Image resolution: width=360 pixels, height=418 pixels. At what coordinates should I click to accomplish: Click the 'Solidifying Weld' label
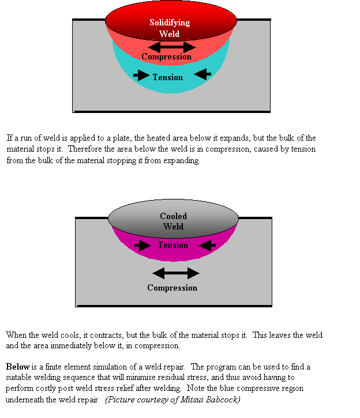pos(170,28)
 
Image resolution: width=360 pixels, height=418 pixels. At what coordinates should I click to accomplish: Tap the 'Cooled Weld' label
pos(173,221)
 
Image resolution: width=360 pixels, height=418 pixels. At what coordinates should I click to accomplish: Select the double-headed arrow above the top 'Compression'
pos(172,47)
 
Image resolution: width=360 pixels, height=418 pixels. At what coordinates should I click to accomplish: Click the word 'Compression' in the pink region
pos(166,57)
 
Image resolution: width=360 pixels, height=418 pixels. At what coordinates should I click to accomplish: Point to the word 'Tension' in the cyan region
pos(167,77)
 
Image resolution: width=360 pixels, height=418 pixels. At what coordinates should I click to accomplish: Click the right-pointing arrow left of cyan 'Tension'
pos(141,75)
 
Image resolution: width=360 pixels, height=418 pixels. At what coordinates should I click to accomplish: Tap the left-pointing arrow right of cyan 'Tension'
pos(202,74)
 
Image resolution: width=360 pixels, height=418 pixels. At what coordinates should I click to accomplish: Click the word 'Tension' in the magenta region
pos(172,245)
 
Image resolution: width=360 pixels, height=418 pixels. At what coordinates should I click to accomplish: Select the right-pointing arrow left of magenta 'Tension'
pos(144,246)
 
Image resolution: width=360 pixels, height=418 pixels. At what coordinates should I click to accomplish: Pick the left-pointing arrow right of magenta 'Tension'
pos(207,246)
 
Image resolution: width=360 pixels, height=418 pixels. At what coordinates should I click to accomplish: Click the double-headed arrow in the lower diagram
pos(175,273)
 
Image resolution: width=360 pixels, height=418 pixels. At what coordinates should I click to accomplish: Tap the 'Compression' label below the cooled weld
pos(172,288)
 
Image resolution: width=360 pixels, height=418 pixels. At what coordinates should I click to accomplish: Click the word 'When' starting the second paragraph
pos(16,335)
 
